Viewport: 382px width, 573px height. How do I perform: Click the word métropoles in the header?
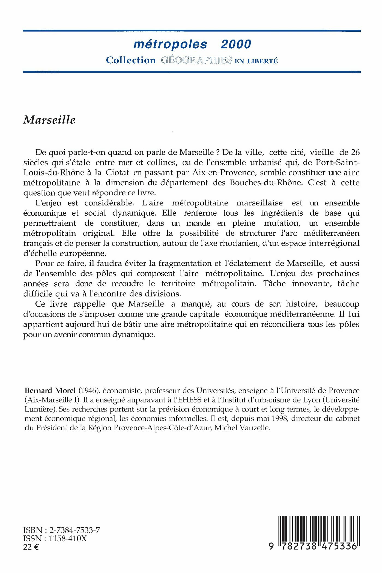(x=170, y=44)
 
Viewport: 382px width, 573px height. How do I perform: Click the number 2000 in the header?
(x=236, y=44)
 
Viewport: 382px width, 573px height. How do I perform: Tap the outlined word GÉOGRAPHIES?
(x=196, y=60)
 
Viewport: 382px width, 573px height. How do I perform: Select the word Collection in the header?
(x=131, y=60)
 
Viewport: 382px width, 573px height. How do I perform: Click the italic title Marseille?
(x=49, y=120)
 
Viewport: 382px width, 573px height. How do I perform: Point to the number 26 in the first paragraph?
(x=354, y=152)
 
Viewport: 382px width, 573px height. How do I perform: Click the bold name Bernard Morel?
(x=50, y=391)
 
